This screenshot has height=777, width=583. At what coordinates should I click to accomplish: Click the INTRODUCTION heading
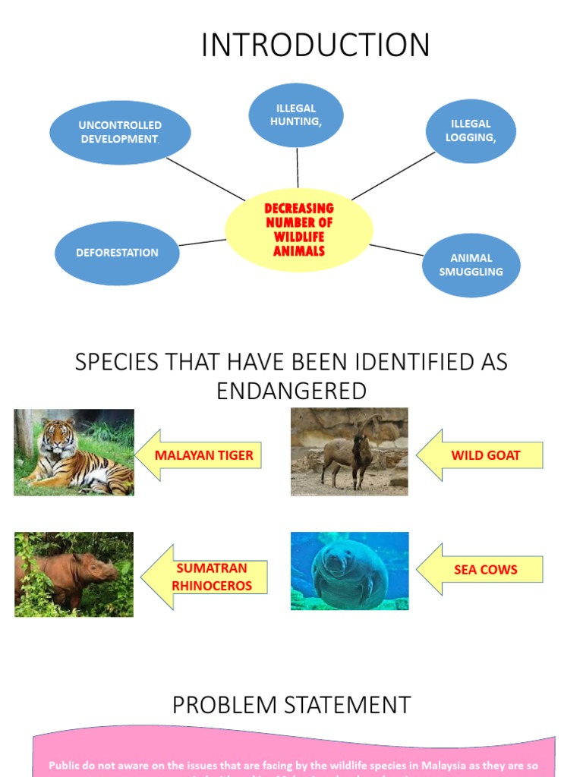click(x=315, y=45)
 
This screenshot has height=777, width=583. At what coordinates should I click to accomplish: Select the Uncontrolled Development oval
click(x=120, y=132)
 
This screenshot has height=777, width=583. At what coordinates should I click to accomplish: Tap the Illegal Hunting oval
click(x=296, y=115)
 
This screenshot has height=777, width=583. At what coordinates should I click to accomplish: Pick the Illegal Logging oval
click(x=471, y=131)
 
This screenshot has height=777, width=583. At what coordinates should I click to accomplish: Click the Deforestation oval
click(x=117, y=253)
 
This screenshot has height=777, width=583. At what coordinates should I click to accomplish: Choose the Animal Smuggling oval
click(x=471, y=265)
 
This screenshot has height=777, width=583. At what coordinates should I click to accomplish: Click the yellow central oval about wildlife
click(x=299, y=229)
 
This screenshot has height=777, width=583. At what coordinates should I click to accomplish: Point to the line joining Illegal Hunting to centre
click(x=298, y=168)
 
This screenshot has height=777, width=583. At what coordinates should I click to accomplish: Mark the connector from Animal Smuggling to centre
click(x=396, y=250)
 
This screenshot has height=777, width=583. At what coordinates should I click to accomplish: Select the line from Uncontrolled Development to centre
click(x=205, y=178)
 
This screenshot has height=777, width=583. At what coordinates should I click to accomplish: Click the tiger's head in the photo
click(x=58, y=436)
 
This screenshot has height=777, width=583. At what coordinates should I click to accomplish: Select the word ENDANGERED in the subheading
click(x=291, y=391)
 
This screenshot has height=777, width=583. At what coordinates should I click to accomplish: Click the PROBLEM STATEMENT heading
click(x=291, y=705)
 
